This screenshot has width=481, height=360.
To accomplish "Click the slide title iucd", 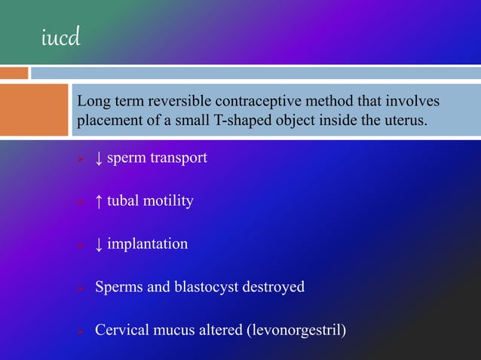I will click(x=60, y=38).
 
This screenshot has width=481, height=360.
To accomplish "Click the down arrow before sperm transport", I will click(x=99, y=158).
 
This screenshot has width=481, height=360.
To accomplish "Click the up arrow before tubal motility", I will click(x=99, y=201).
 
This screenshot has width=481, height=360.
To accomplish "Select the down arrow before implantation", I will click(x=99, y=244).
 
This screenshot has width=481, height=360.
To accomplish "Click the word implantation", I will click(x=148, y=244).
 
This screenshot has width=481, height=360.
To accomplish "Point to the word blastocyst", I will click(x=203, y=287).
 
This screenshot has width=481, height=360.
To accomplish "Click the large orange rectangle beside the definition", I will click(x=34, y=110).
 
